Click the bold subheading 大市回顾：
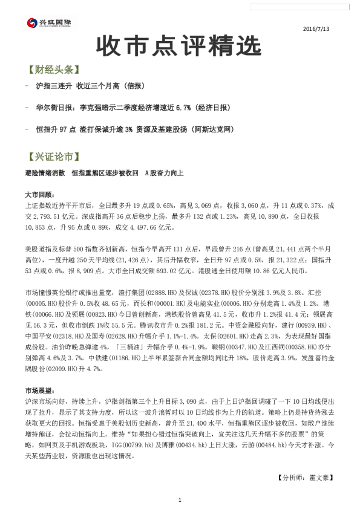(x=40, y=195)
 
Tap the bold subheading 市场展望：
(x=40, y=391)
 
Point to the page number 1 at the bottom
(x=180, y=499)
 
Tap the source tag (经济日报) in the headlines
(x=213, y=108)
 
